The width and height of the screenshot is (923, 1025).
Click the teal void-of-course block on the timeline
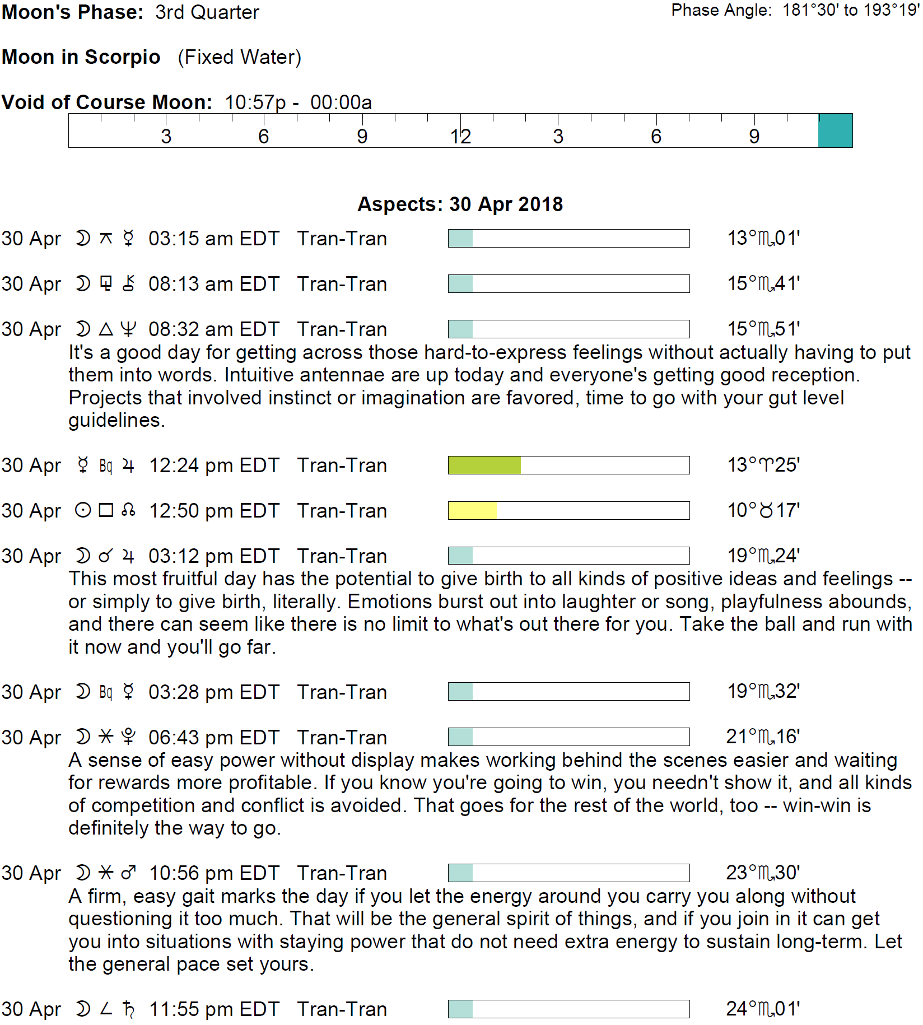pyautogui.click(x=835, y=131)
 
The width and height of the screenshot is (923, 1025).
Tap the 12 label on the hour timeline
pyautogui.click(x=460, y=137)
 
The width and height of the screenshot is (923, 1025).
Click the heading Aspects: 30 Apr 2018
pyautogui.click(x=460, y=204)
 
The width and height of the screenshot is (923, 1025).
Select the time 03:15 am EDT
pyautogui.click(x=213, y=239)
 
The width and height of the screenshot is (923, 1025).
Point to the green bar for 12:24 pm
pyautogui.click(x=484, y=465)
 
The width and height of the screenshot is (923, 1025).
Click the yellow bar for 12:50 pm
pyautogui.click(x=473, y=511)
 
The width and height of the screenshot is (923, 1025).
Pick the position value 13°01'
pyautogui.click(x=763, y=239)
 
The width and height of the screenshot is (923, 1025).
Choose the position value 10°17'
pyautogui.click(x=763, y=511)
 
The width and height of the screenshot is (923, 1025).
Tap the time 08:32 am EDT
pyautogui.click(x=213, y=329)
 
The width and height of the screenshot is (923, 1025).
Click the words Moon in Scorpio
pyautogui.click(x=81, y=57)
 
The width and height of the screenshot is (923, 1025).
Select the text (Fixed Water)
pyautogui.click(x=240, y=57)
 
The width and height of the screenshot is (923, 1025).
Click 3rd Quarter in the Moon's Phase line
pyautogui.click(x=207, y=12)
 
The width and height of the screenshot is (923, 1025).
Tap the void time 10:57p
pyautogui.click(x=255, y=102)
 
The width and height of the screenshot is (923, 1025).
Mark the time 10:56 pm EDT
pyautogui.click(x=213, y=873)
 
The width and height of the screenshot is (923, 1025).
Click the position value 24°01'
pyautogui.click(x=763, y=1009)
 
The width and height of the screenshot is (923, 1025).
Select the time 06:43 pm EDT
pyautogui.click(x=213, y=738)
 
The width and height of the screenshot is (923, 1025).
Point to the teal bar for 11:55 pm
pyautogui.click(x=461, y=1009)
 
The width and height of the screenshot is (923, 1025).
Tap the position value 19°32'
pyautogui.click(x=763, y=692)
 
